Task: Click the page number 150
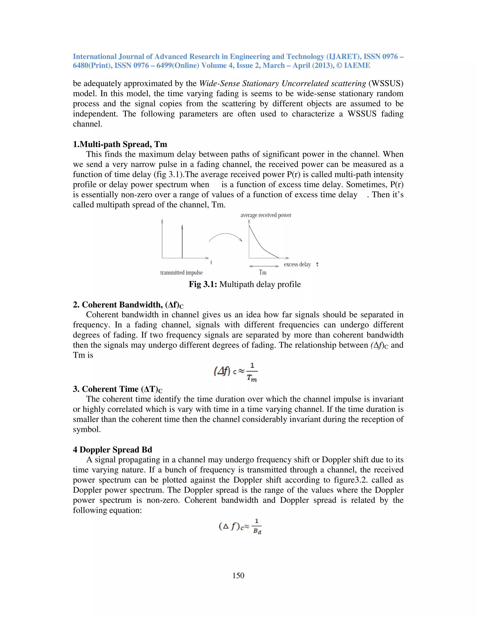(x=238, y=576)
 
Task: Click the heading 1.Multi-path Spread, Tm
(x=120, y=144)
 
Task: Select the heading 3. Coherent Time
(x=117, y=389)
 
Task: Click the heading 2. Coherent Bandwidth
(x=128, y=305)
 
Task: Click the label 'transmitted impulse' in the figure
(x=181, y=272)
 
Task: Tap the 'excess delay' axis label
(x=297, y=264)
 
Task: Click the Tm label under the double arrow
(x=262, y=272)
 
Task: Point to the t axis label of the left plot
(x=211, y=262)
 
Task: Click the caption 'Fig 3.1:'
(x=203, y=284)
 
